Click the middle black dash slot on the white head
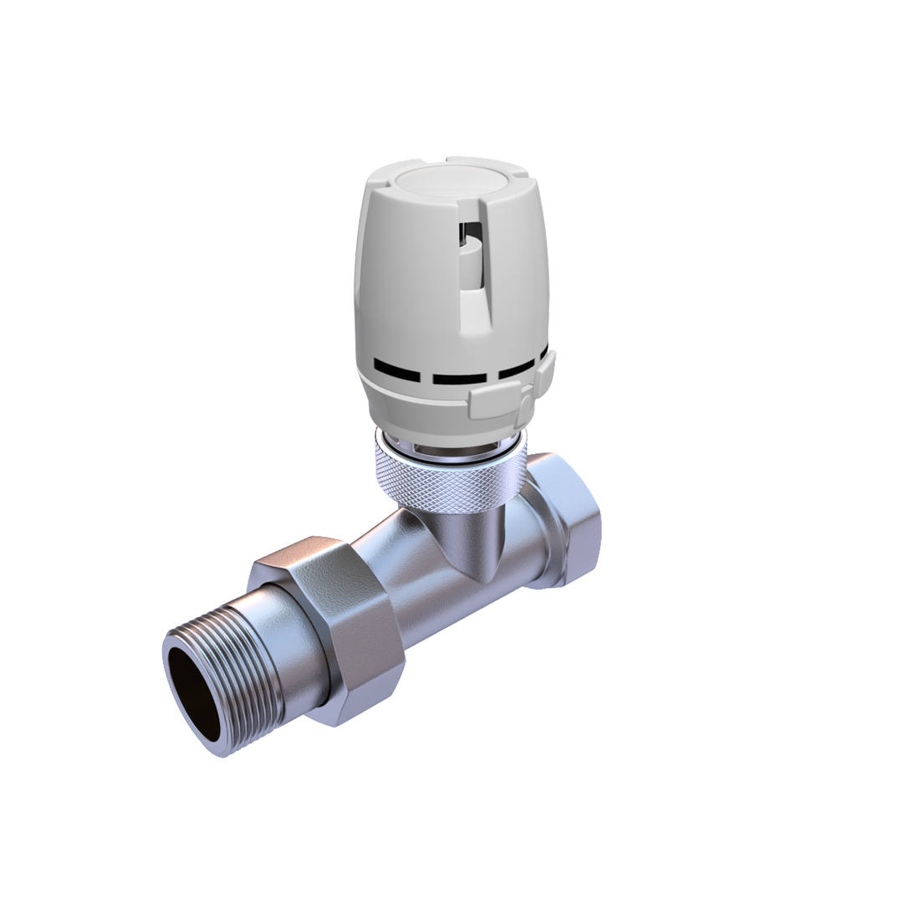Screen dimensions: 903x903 [459, 379]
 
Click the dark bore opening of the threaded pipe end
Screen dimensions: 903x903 [193, 693]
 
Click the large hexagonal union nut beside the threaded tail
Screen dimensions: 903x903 [334, 623]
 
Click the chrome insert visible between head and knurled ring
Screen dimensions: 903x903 [451, 447]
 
